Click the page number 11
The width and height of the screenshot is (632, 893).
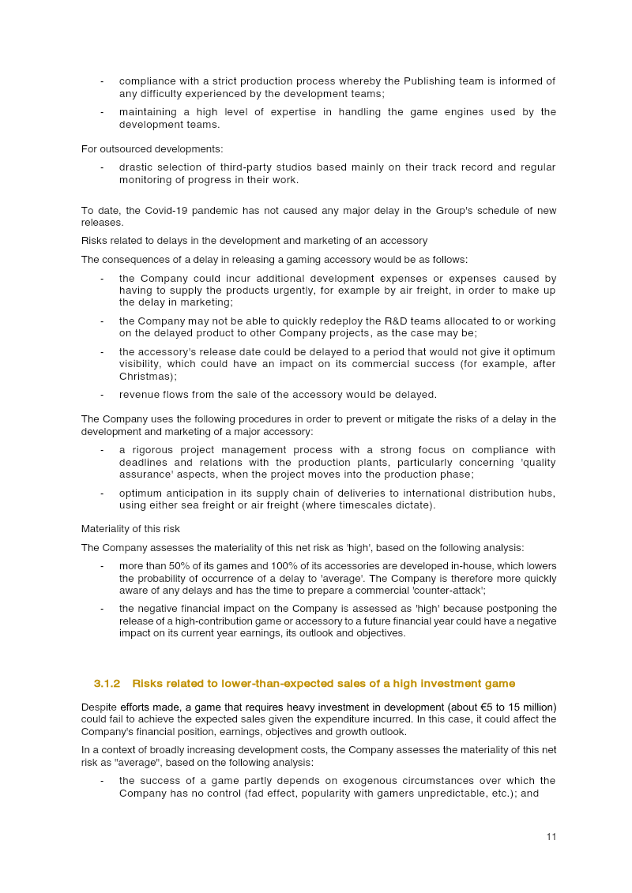[551, 837]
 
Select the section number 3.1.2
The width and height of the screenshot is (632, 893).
[107, 683]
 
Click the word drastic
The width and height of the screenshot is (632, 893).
[137, 167]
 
